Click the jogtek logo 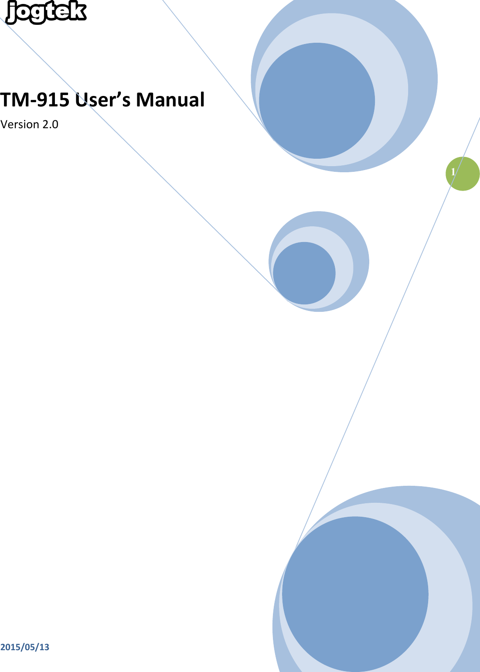click(46, 12)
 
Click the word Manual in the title click(170, 99)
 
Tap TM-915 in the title click(35, 99)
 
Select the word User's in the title click(102, 99)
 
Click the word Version click(20, 124)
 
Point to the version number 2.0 click(51, 124)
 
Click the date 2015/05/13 click(24, 647)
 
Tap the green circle click(463, 174)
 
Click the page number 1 click(453, 172)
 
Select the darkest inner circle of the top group click(317, 100)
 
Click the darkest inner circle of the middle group click(304, 273)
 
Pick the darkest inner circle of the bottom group click(355, 594)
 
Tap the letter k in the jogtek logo click(78, 11)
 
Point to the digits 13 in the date click(44, 647)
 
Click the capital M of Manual click(144, 99)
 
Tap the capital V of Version click(4, 124)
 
